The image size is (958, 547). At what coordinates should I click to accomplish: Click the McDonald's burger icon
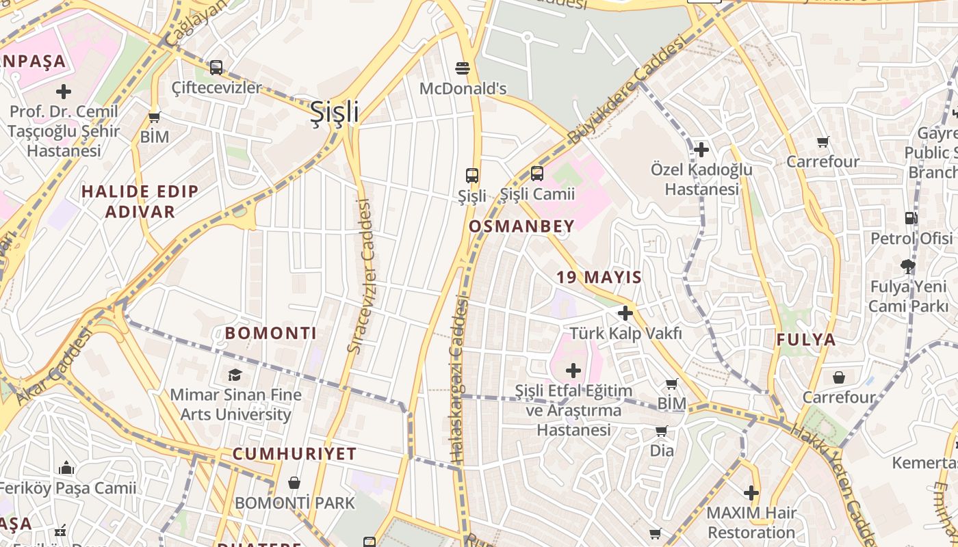point(463,68)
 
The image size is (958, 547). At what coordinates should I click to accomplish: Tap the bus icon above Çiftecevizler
point(216,68)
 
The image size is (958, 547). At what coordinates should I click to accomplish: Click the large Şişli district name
point(334,111)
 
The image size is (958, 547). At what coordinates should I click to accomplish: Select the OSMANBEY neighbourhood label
point(521,227)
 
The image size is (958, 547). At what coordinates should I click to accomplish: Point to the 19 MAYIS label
point(599,277)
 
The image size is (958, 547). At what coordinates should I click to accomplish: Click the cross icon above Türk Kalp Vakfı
point(625,313)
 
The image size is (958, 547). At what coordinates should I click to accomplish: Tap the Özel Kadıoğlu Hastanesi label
point(701,179)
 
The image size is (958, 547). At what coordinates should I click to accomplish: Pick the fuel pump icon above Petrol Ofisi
point(911,218)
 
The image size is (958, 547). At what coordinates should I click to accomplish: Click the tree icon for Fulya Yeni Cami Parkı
point(908,267)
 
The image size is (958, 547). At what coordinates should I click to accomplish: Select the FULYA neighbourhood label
point(806,339)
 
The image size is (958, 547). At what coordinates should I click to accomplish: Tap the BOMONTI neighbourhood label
point(270,334)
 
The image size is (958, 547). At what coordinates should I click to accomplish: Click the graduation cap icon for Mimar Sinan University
point(235,375)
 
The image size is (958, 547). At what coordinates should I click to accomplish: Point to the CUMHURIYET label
point(294,454)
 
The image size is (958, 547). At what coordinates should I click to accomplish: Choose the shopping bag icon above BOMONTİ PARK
point(294,483)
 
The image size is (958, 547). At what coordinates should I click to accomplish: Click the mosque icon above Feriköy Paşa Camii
point(66,468)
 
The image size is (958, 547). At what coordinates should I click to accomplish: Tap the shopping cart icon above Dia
point(661,431)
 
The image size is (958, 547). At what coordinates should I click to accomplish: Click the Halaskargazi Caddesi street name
point(459,379)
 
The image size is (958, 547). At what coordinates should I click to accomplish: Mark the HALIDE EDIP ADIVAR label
point(140,201)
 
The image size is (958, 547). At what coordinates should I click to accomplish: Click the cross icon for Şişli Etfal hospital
point(573,371)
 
